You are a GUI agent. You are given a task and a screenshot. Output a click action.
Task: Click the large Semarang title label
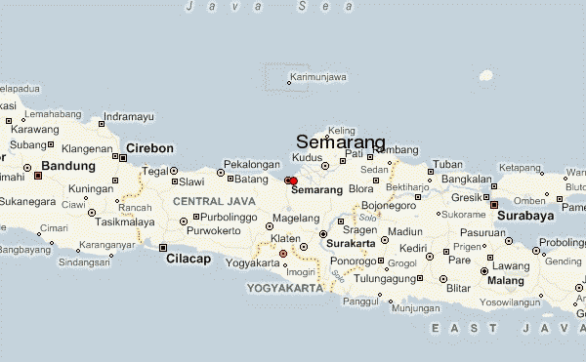[x=341, y=141]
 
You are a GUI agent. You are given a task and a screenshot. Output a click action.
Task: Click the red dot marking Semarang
[x=293, y=181]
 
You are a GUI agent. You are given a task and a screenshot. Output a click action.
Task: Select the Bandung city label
[x=68, y=166]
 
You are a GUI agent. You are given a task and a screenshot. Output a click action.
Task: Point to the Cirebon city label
[x=149, y=148]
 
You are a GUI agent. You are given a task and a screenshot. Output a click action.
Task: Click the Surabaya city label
[x=525, y=215]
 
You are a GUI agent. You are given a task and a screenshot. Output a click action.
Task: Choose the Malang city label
[x=506, y=281]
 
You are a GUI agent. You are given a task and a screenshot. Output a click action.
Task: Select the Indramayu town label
[x=129, y=117]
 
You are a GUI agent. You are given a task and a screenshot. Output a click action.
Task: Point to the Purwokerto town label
[x=214, y=230]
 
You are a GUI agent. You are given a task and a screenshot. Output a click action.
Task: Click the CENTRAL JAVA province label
[x=206, y=200]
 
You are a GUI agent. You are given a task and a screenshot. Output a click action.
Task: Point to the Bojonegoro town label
[x=389, y=206]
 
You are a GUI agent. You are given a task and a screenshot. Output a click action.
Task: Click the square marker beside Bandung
[x=38, y=177]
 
